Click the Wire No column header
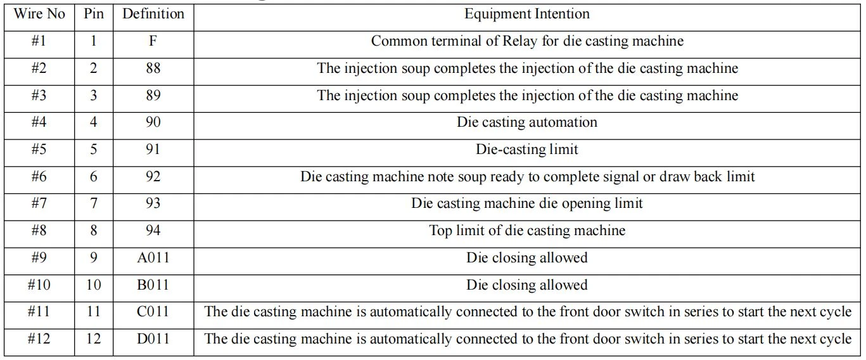click(39, 14)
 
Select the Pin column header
click(94, 14)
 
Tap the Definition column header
click(153, 14)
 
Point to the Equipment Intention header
click(527, 15)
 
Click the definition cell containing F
click(153, 41)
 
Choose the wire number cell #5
click(39, 149)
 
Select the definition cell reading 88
click(153, 68)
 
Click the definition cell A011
click(153, 257)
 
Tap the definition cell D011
click(153, 338)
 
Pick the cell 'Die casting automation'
click(527, 122)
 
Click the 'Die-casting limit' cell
click(527, 150)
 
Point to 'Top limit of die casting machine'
click(527, 231)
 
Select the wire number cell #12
click(39, 338)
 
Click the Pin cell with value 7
click(94, 203)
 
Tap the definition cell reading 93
click(153, 203)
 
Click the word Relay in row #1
click(520, 41)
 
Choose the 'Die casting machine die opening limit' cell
click(527, 204)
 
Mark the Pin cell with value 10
click(94, 285)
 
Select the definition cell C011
click(153, 312)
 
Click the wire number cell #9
click(39, 257)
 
